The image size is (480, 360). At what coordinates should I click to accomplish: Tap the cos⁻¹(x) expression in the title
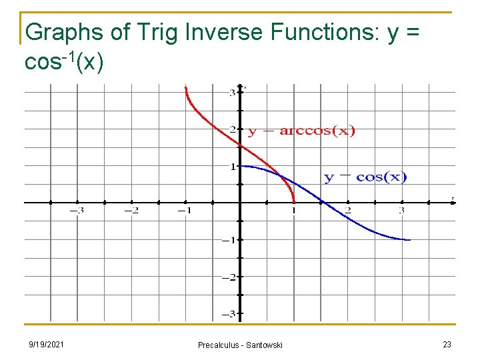(x=63, y=62)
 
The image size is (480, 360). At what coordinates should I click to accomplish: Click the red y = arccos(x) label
(x=301, y=131)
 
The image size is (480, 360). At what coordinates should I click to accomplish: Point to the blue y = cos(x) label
(x=365, y=177)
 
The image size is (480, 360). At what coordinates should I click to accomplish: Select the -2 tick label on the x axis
(x=131, y=211)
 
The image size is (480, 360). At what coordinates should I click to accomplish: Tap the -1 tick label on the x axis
(x=184, y=211)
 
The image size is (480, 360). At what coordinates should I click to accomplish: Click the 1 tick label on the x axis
(x=294, y=211)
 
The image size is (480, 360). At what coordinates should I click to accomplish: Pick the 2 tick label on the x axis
(x=348, y=211)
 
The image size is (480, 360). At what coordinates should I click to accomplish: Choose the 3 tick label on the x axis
(x=402, y=211)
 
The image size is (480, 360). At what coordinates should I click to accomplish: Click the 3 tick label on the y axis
(x=231, y=92)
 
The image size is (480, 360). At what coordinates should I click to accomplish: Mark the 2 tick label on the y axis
(x=231, y=129)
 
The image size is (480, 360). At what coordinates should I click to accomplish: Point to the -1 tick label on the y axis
(x=229, y=240)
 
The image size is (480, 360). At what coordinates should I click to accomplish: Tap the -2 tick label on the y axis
(x=229, y=277)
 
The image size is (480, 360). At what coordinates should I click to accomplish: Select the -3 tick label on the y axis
(x=229, y=313)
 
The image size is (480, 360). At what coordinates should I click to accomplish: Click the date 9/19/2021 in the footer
(x=46, y=344)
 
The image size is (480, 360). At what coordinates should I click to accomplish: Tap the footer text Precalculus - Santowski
(x=240, y=345)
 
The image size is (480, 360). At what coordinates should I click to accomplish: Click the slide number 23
(x=446, y=344)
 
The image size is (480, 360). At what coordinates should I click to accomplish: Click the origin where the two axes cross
(x=240, y=203)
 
